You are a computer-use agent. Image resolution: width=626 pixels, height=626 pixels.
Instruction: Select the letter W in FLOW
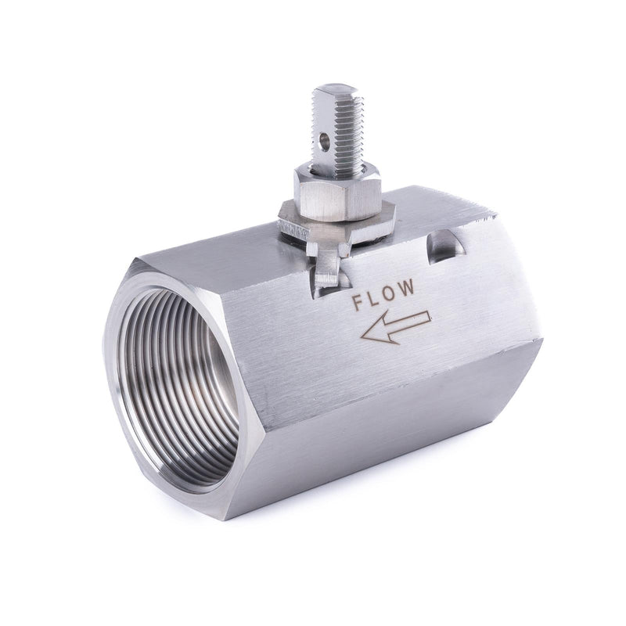tap(406, 287)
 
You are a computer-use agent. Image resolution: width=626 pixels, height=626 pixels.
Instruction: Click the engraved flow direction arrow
tap(395, 327)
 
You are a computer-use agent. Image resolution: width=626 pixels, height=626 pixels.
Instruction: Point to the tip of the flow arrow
tap(361, 336)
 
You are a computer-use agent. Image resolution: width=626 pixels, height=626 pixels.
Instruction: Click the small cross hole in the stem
tap(325, 141)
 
